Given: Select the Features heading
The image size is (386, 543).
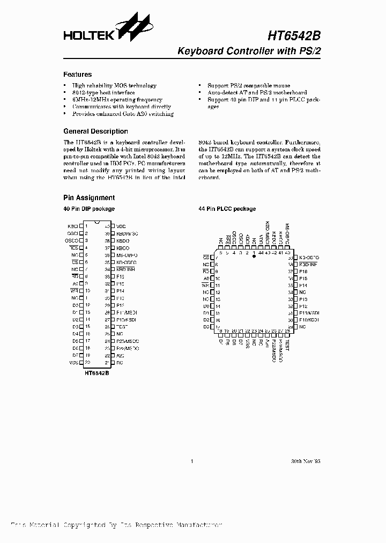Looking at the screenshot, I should click(x=78, y=75).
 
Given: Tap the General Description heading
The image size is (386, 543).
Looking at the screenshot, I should click(x=95, y=131).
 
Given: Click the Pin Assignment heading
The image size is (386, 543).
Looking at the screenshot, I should click(x=89, y=198).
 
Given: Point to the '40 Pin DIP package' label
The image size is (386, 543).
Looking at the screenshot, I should click(x=89, y=209).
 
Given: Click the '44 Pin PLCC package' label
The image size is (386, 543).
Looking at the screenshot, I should click(x=227, y=209).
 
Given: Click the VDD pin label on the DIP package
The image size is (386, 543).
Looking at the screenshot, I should click(x=121, y=226).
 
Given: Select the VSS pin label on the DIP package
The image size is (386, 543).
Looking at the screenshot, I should click(x=74, y=362).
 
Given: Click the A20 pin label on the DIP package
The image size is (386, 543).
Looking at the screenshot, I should click(x=120, y=355).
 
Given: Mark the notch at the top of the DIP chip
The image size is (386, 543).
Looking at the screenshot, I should click(x=96, y=222).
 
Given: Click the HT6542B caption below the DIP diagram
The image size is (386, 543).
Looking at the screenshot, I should click(x=96, y=372).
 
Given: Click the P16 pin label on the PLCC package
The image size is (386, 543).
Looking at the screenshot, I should click(x=303, y=272).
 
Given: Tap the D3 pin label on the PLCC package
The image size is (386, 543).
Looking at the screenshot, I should click(x=206, y=327).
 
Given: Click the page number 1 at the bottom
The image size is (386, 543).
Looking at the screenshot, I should click(x=192, y=461).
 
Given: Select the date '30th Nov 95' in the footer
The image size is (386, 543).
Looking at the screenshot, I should click(x=306, y=461).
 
